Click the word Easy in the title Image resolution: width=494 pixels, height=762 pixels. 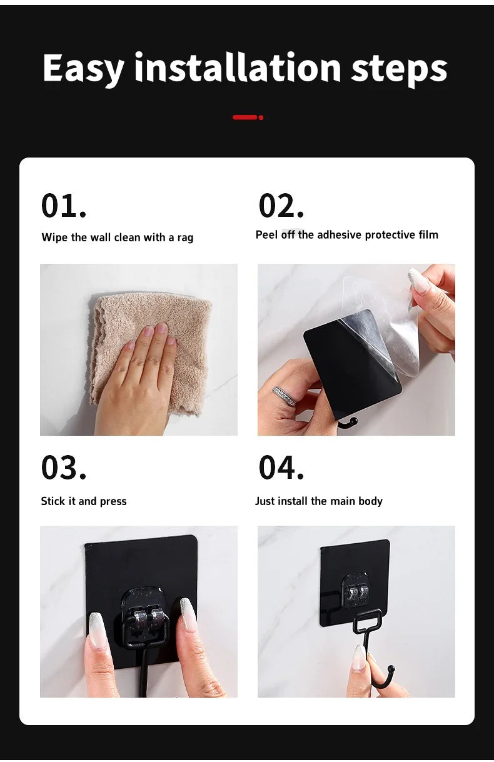pyautogui.click(x=83, y=69)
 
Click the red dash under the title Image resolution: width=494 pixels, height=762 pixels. pyautogui.click(x=245, y=117)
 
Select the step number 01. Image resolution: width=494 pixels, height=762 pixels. pyautogui.click(x=64, y=206)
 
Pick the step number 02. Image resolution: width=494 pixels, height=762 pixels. pyautogui.click(x=281, y=206)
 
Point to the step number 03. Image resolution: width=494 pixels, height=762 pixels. pyautogui.click(x=64, y=468)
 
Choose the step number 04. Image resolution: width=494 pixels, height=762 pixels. pyautogui.click(x=281, y=468)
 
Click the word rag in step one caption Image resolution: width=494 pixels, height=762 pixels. pyautogui.click(x=185, y=238)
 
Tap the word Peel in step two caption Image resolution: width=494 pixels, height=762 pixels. pyautogui.click(x=266, y=235)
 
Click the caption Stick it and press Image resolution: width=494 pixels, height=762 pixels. pyautogui.click(x=84, y=501)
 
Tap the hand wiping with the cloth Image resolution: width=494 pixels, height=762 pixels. pyautogui.click(x=141, y=381)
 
